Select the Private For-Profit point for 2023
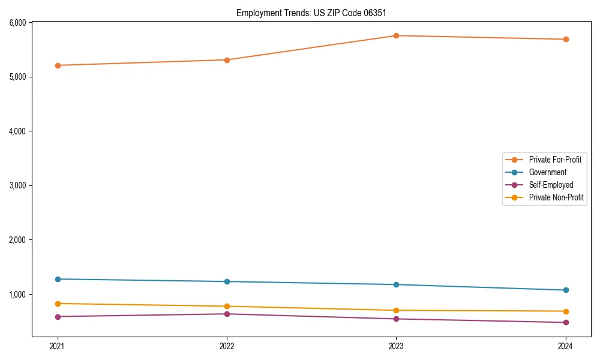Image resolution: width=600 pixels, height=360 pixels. (397, 36)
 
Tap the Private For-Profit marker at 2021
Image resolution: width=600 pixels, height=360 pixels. (58, 65)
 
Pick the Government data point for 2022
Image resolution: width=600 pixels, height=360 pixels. (227, 281)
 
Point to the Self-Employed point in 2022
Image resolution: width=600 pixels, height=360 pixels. (227, 314)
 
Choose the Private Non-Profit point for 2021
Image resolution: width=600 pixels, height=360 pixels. (58, 304)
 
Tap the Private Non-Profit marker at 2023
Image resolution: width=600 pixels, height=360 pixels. (397, 310)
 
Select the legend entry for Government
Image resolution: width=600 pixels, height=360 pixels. (547, 172)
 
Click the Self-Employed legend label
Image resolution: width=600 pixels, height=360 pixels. (551, 185)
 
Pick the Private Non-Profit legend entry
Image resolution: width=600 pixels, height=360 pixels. (556, 197)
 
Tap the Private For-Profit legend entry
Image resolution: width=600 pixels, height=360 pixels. (555, 160)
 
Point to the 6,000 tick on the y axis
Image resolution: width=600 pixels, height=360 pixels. (18, 23)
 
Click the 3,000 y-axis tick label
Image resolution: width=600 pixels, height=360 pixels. (18, 185)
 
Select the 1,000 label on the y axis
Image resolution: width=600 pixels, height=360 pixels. (18, 294)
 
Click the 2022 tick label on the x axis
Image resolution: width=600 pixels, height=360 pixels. (227, 346)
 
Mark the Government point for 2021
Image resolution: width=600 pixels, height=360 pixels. (58, 279)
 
